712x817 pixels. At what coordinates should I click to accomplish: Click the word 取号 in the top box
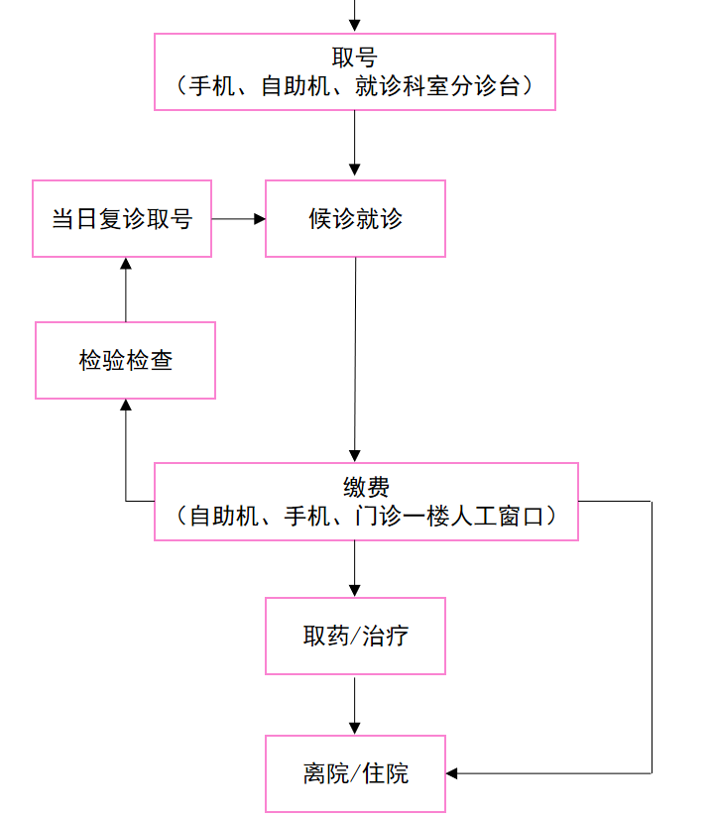click(x=354, y=58)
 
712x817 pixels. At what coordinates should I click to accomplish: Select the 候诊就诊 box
click(x=355, y=218)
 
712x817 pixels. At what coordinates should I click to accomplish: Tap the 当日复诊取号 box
click(x=122, y=218)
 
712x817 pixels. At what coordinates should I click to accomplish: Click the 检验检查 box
click(x=126, y=361)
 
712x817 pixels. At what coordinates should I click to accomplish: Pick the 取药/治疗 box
click(x=355, y=636)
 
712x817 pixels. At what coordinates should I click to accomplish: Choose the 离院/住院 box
click(x=355, y=773)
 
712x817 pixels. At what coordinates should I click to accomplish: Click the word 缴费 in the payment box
click(x=366, y=488)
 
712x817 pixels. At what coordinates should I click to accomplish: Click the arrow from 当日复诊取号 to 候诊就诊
click(x=238, y=218)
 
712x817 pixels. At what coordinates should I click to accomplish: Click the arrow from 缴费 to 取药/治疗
click(x=355, y=569)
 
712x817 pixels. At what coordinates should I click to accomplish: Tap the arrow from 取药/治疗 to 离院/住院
click(x=355, y=705)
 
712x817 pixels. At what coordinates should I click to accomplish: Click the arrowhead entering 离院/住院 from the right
click(x=453, y=772)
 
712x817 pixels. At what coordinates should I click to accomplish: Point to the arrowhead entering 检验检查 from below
click(x=126, y=406)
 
